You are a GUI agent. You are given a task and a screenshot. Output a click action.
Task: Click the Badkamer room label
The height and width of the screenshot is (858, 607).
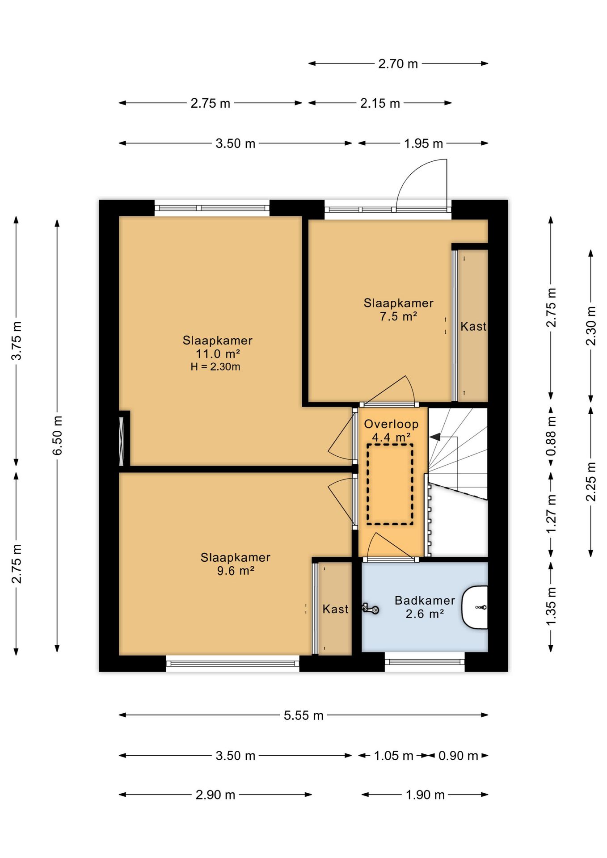pos(425,600)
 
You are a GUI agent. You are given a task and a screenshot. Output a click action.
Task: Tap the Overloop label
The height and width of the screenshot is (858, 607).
pos(391,424)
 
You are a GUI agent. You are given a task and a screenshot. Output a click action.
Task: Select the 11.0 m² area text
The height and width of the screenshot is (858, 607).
pos(218,354)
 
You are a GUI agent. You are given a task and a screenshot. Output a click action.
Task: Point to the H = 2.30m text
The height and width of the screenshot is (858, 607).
pos(215,367)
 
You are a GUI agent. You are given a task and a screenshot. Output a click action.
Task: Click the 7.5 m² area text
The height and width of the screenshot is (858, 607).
pos(398,316)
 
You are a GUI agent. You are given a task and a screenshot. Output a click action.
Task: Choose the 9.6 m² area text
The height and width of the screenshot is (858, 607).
pos(236,571)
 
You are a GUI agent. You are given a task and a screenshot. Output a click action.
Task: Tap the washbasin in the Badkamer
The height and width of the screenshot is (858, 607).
pos(475,607)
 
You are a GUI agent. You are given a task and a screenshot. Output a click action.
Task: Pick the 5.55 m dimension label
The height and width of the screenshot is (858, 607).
pos(303,715)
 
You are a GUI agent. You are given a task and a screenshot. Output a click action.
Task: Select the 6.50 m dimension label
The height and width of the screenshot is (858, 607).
pos(58,435)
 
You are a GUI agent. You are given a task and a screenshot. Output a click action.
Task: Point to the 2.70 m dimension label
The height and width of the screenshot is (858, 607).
pos(398,64)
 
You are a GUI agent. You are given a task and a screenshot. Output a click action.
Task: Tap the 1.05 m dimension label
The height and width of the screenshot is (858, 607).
pos(393,756)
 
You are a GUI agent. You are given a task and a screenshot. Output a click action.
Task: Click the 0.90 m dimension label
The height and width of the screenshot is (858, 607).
pos(458,756)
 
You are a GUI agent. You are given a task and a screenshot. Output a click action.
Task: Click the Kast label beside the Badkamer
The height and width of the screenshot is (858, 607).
pos(335,609)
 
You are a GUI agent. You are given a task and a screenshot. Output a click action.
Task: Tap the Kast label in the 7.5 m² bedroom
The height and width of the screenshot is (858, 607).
pos(473,327)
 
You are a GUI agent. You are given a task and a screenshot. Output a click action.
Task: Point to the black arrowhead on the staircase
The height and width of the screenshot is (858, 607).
pos(434,437)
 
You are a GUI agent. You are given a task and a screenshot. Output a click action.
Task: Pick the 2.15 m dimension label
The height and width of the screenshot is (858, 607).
pos(380,103)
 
